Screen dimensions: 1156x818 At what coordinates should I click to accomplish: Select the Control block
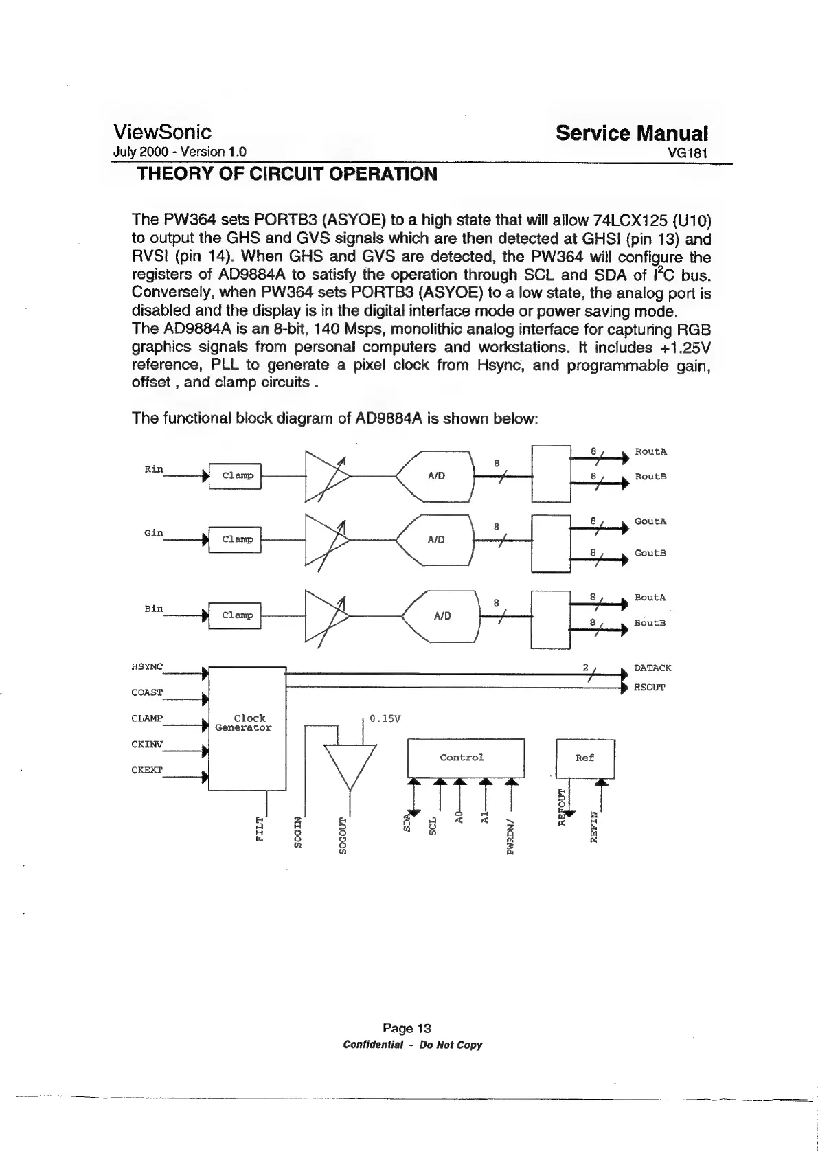pos(466,757)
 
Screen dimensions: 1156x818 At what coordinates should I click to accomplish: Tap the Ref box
pos(584,758)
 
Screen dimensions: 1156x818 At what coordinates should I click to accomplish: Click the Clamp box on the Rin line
pos(235,475)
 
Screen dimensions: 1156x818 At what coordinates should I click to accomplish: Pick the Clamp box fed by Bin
pos(235,615)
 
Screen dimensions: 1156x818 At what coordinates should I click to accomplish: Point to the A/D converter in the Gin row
pos(437,539)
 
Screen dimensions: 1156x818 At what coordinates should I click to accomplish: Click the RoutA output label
pos(650,451)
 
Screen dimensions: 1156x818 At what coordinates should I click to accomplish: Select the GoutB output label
pos(650,553)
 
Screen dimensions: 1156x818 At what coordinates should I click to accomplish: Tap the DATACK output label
pos(652,668)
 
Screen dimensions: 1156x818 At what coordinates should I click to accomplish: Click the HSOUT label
pos(649,687)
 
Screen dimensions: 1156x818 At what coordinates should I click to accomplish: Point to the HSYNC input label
pos(147,666)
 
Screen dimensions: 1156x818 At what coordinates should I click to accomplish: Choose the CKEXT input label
pos(147,769)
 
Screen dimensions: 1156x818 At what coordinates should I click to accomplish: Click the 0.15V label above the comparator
pos(385,719)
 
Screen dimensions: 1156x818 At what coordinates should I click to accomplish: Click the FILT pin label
pos(259,829)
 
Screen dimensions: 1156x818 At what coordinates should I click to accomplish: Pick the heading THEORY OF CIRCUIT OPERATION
pos(287,174)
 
